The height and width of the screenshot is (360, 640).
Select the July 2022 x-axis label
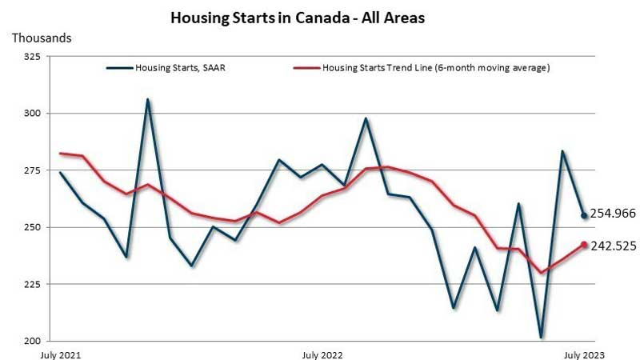click(322, 353)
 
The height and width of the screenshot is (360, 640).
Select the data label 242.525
click(613, 246)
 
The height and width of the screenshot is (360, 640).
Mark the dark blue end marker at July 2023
click(584, 215)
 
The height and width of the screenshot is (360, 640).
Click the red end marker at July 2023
click(584, 245)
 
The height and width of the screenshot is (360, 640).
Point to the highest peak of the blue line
click(148, 100)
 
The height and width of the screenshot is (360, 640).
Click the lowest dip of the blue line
click(542, 337)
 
